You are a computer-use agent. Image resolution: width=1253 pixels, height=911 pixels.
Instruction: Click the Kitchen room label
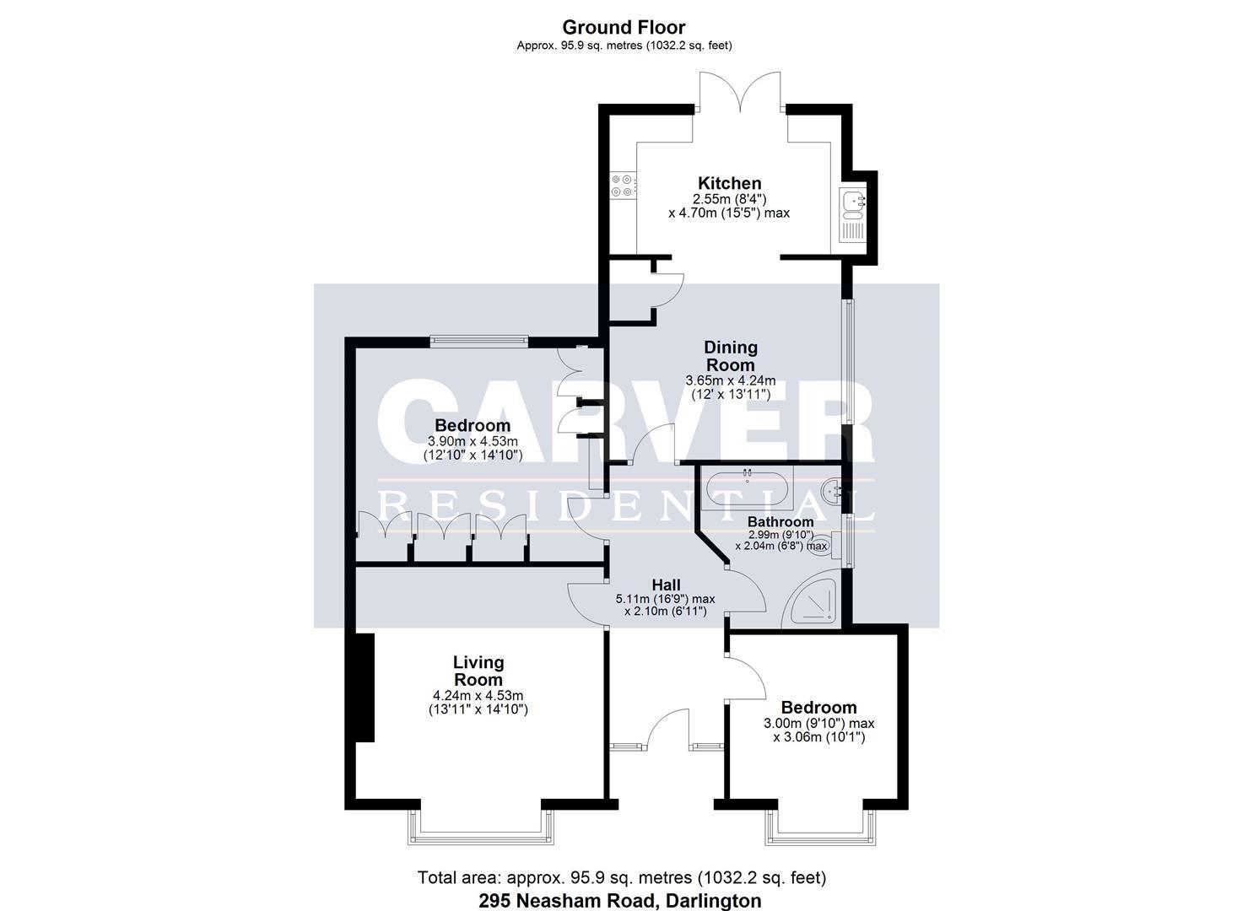729,183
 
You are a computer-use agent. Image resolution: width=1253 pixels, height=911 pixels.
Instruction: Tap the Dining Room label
731,356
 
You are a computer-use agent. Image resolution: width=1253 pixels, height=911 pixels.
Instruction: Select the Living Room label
478,671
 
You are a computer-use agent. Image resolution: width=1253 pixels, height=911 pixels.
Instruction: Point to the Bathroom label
780,522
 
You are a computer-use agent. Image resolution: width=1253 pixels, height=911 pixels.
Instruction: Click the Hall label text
666,585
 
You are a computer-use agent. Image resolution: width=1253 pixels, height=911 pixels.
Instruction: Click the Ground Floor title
624,27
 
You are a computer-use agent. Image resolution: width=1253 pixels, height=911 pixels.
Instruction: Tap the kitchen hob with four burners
623,185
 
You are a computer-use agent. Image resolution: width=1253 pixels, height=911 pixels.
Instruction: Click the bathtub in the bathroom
748,489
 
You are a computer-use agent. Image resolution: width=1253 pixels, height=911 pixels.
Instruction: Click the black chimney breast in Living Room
364,687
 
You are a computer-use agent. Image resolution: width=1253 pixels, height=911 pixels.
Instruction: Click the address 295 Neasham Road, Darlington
619,900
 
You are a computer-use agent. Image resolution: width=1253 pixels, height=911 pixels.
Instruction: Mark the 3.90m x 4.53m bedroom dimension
473,441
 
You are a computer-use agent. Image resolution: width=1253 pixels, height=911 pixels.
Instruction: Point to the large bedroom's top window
478,341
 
